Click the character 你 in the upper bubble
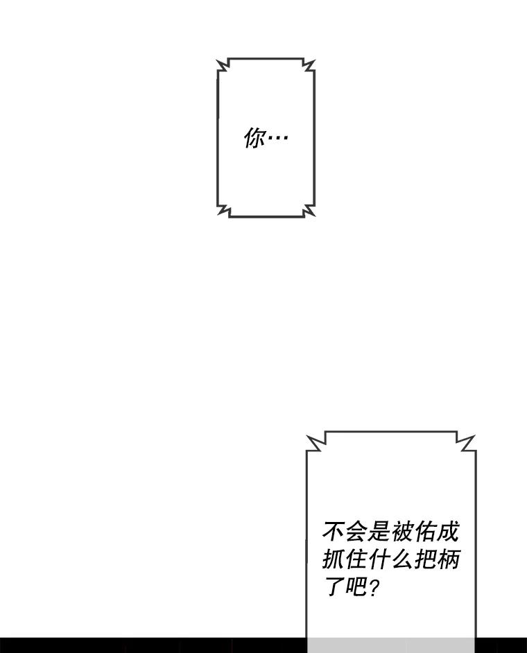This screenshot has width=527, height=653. pyautogui.click(x=255, y=138)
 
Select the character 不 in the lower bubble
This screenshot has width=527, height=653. pyautogui.click(x=334, y=532)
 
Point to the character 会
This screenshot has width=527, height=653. pyautogui.click(x=356, y=532)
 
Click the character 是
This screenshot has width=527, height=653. pyautogui.click(x=379, y=532)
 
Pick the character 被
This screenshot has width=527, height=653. pyautogui.click(x=401, y=532)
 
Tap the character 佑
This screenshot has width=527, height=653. pyautogui.click(x=424, y=532)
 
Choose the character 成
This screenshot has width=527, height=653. pyautogui.click(x=447, y=532)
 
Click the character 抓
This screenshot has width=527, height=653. pyautogui.click(x=334, y=559)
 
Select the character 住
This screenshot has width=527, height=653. pyautogui.click(x=356, y=559)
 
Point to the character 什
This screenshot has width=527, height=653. pyautogui.click(x=379, y=559)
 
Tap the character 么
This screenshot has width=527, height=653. pyautogui.click(x=401, y=559)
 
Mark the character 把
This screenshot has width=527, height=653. pyautogui.click(x=424, y=559)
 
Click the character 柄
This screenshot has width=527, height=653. pyautogui.click(x=447, y=559)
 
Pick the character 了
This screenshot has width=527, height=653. pyautogui.click(x=334, y=587)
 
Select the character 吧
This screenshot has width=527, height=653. pyautogui.click(x=356, y=587)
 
